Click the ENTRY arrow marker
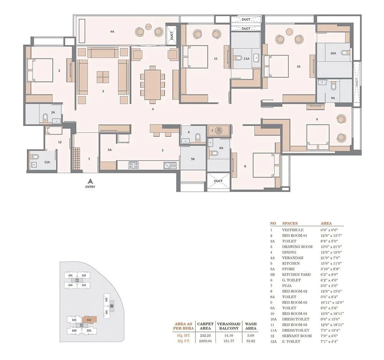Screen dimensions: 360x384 click(89, 181)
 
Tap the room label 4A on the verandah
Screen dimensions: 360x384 click(112, 32)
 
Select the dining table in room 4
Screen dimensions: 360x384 click(152, 84)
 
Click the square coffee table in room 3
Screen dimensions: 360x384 click(103, 77)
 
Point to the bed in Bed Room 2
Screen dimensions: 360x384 click(40, 70)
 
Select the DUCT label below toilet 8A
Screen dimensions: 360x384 click(218, 181)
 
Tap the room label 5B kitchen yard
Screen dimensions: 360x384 click(193, 159)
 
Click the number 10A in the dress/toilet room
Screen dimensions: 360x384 click(333, 54)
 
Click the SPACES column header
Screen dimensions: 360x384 click(290, 223)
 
